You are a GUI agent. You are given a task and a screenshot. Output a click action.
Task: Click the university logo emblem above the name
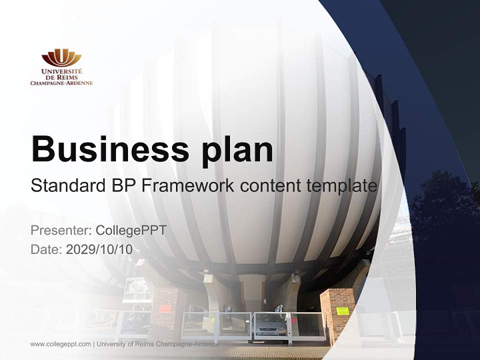coord(61,57)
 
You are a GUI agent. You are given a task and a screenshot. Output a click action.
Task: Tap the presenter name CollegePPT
coord(131,230)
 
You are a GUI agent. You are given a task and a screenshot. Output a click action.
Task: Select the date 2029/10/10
coord(99,249)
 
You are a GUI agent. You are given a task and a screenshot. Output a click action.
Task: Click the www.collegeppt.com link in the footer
coord(60,344)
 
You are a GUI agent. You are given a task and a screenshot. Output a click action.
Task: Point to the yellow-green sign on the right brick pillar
coord(342,311)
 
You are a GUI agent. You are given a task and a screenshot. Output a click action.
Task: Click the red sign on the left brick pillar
coord(165,308)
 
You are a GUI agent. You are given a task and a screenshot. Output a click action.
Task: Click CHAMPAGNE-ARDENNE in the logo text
coord(61,83)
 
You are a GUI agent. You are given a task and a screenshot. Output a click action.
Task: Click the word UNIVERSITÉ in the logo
coord(61,71)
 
